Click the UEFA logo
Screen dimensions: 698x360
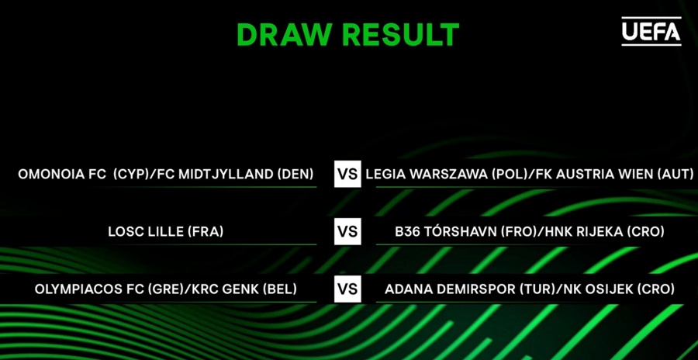(x=651, y=31)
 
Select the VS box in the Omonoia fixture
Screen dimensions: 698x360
(x=347, y=174)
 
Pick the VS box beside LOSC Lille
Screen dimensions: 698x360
(x=347, y=232)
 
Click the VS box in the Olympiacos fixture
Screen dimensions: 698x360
(x=347, y=289)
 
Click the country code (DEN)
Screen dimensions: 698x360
(x=295, y=174)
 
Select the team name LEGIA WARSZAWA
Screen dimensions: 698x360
(x=427, y=174)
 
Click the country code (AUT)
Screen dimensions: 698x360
(x=676, y=174)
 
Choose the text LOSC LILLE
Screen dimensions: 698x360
(x=146, y=232)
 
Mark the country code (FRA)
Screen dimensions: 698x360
(x=206, y=232)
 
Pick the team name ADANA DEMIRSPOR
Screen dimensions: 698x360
(x=450, y=289)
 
